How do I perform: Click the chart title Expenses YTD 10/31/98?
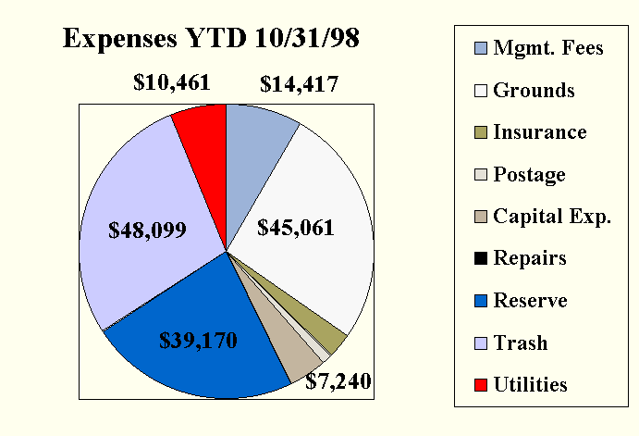click(212, 39)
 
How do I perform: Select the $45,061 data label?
click(296, 227)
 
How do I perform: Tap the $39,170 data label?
click(199, 341)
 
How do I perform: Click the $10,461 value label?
click(172, 83)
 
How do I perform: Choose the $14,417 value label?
click(299, 85)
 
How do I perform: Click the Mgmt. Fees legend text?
click(548, 48)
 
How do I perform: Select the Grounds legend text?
click(535, 90)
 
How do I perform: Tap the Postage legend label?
click(530, 174)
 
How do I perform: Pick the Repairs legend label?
click(530, 258)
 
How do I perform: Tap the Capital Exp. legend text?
click(552, 217)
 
